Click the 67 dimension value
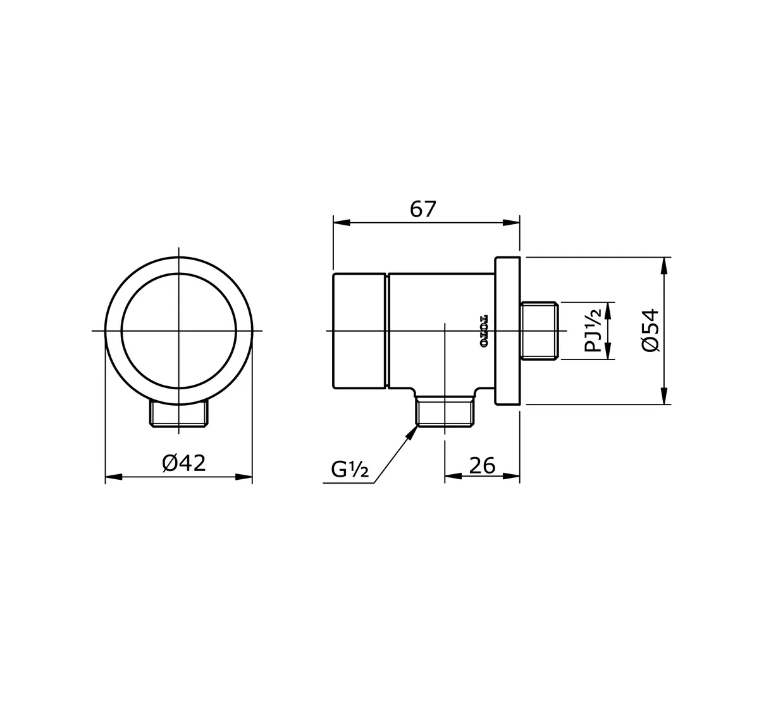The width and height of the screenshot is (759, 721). [423, 210]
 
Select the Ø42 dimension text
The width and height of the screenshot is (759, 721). [184, 463]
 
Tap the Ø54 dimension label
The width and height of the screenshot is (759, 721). [650, 330]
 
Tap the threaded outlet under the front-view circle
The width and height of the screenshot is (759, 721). [179, 415]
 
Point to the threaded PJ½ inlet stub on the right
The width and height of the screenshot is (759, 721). [539, 331]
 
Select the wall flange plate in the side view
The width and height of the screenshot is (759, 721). [507, 331]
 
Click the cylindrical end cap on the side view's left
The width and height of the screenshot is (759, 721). [359, 330]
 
